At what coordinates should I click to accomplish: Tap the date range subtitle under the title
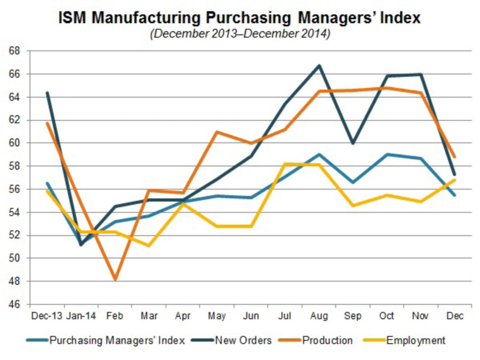tap(240, 35)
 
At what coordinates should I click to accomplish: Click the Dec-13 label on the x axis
tap(47, 316)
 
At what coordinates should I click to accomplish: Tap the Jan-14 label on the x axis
tap(81, 316)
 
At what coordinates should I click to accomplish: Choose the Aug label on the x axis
tap(319, 316)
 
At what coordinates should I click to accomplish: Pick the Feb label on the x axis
tap(115, 316)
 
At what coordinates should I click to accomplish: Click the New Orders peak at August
tap(319, 65)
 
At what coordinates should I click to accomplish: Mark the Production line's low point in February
tap(115, 280)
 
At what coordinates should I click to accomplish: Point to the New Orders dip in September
tap(353, 143)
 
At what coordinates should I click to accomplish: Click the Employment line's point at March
tap(149, 246)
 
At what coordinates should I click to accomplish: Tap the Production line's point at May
tap(217, 132)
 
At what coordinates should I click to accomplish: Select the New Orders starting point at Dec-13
tap(47, 93)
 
